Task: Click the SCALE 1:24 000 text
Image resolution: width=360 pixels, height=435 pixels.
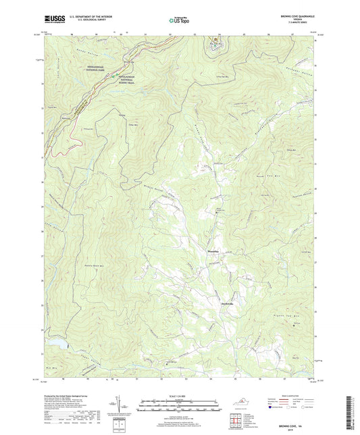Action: (180, 394)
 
